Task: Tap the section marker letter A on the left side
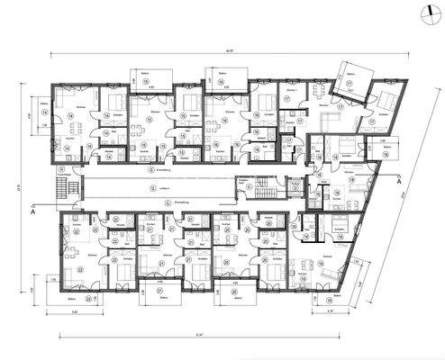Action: click(33, 214)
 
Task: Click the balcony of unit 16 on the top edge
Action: click(222, 78)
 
